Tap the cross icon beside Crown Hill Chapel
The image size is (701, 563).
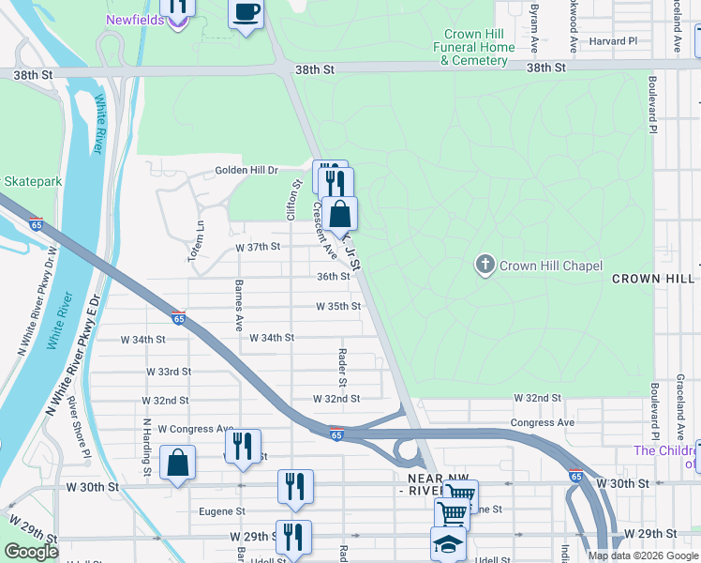tap(485, 266)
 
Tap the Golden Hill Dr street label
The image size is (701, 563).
tap(247, 170)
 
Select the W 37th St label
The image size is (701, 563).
tap(258, 247)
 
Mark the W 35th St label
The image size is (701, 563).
tap(338, 307)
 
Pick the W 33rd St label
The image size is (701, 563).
tap(169, 372)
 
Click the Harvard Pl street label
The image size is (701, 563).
tap(613, 41)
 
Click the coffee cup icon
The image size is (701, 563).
tap(246, 13)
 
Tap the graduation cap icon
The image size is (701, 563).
tap(448, 543)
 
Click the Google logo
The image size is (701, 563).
tap(31, 552)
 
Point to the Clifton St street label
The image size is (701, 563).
tap(294, 200)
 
